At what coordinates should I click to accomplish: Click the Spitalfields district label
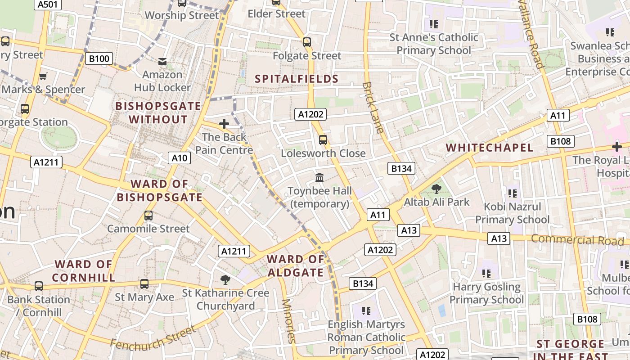click(297, 79)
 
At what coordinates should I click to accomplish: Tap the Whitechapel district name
click(490, 148)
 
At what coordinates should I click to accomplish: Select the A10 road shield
click(180, 158)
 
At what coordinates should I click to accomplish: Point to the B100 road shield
click(99, 58)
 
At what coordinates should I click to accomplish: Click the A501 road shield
click(48, 4)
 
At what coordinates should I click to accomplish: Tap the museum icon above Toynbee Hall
click(319, 178)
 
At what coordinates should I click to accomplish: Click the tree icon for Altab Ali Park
click(436, 189)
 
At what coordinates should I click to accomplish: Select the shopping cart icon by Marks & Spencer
click(43, 76)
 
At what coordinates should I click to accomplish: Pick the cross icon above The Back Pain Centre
click(224, 124)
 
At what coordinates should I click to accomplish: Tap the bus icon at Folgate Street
click(307, 42)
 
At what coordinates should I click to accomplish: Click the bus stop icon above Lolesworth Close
click(323, 140)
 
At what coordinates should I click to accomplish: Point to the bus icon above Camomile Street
click(148, 216)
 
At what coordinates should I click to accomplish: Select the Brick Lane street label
click(373, 108)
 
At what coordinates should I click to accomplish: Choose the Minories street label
click(288, 321)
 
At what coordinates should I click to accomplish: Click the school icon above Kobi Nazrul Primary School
click(512, 193)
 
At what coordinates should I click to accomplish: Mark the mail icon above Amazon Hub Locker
click(162, 61)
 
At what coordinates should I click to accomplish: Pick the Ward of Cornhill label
click(84, 271)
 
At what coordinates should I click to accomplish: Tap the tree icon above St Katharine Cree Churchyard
click(225, 280)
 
